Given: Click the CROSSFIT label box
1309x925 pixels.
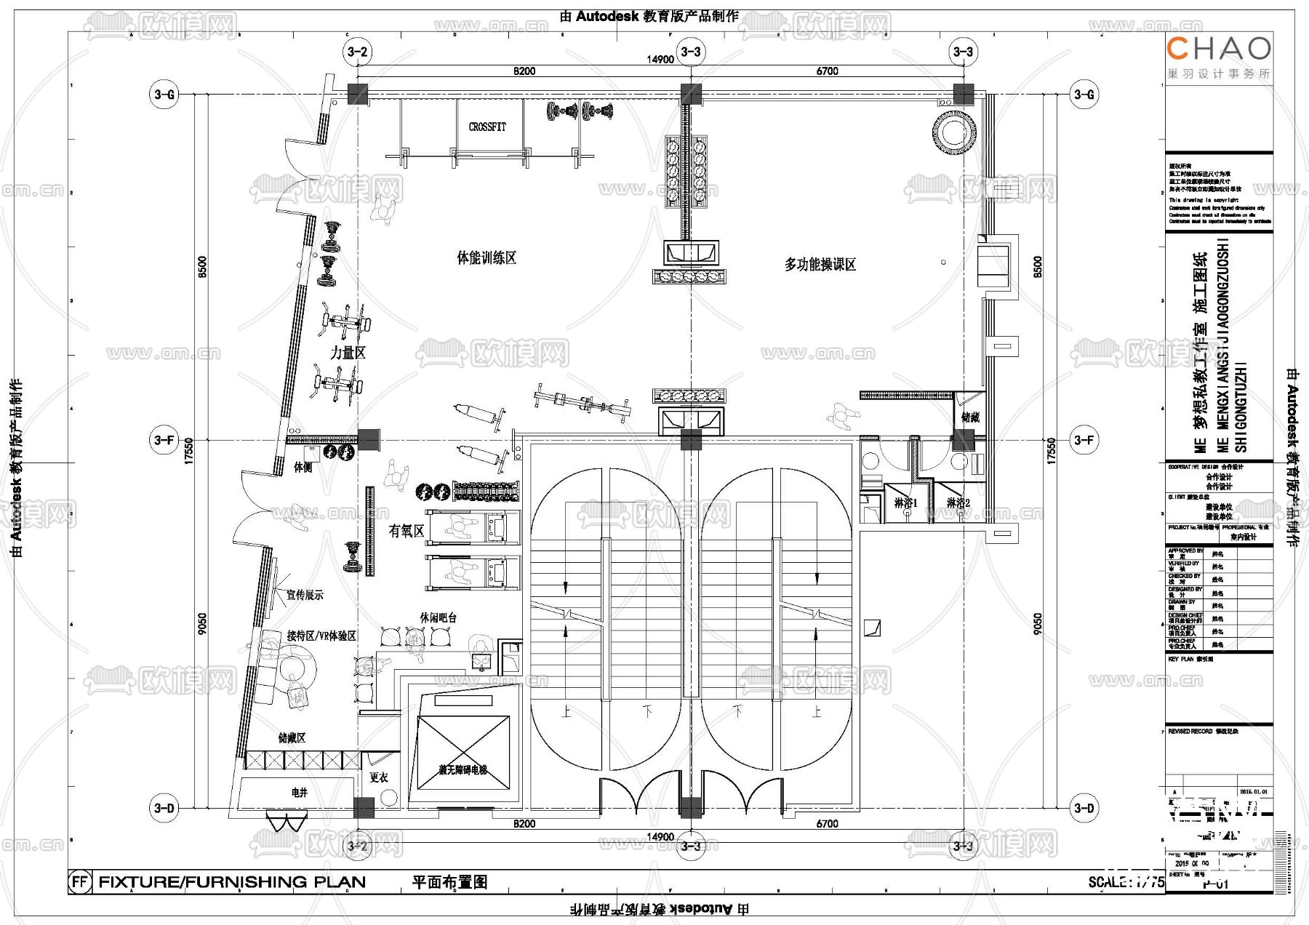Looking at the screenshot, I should click(x=487, y=127).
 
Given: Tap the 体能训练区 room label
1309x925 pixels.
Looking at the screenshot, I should click(x=487, y=258).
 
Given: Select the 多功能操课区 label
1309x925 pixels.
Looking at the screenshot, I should click(x=820, y=265).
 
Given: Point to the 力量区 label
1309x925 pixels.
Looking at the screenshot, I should click(x=348, y=353).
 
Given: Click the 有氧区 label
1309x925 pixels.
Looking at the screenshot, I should click(x=406, y=531).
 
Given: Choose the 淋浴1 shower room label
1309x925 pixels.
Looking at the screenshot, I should click(x=906, y=503).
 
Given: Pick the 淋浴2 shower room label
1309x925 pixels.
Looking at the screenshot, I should click(x=958, y=503).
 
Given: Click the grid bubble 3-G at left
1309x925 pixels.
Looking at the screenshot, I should click(x=164, y=95).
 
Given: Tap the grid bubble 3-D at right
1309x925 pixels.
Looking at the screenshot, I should click(x=1084, y=808).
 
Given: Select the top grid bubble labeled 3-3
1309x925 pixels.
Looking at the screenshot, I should click(x=690, y=52).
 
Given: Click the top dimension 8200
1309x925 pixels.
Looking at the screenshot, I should click(x=524, y=71).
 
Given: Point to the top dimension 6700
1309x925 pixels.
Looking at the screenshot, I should click(x=827, y=71).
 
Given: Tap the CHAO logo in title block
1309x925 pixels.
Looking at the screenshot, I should click(x=1219, y=49).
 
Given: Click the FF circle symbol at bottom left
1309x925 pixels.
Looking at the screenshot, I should click(x=80, y=882).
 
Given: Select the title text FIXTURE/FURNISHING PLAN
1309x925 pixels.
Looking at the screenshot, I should click(x=232, y=882).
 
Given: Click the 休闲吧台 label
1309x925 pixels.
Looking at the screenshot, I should click(x=438, y=617).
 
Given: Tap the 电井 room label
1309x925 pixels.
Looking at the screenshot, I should click(x=299, y=793).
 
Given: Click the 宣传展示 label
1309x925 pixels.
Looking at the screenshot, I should click(x=304, y=595).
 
